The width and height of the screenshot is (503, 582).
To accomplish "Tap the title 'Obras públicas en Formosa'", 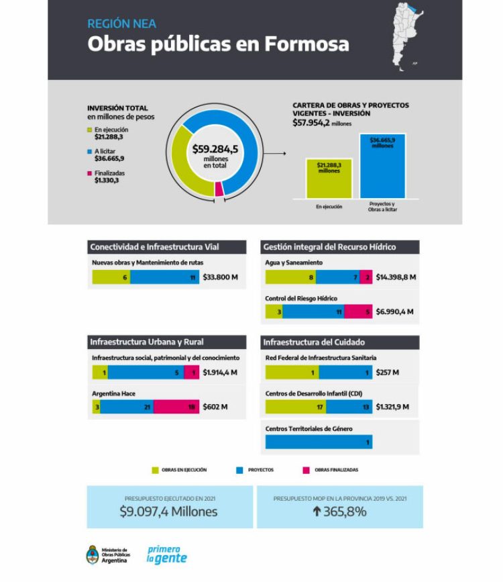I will (x=218, y=44).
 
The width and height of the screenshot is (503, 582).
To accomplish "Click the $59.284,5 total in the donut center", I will (x=215, y=149).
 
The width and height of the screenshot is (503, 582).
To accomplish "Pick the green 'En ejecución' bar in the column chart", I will (x=329, y=178).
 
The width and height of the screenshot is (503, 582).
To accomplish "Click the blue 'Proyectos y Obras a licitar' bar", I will (x=382, y=166).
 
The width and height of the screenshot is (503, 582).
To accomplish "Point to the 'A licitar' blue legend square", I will (x=89, y=152).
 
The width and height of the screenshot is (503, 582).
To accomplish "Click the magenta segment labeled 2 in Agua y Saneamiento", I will (x=366, y=277).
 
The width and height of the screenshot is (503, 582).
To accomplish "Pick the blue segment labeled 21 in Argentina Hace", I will (x=127, y=407).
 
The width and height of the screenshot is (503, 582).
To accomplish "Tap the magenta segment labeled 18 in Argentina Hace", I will (x=176, y=407).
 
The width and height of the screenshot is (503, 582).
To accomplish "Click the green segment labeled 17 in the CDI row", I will (x=296, y=407).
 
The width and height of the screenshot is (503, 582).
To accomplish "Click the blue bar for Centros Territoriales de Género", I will (x=319, y=442).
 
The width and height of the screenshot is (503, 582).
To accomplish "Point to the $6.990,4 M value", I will (x=395, y=311).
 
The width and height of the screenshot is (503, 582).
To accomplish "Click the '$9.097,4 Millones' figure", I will (x=168, y=512).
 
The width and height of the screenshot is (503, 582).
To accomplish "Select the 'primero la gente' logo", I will (x=167, y=554).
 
